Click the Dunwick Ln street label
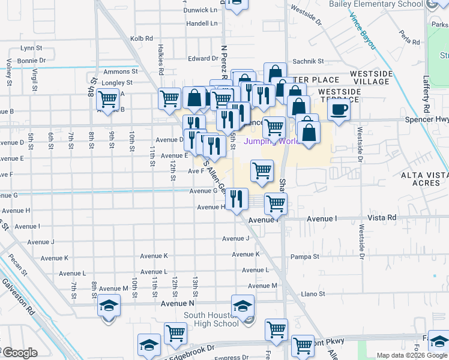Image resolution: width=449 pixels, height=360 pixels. pyautogui.click(x=200, y=10)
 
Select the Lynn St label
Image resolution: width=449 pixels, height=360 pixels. pyautogui.click(x=31, y=47)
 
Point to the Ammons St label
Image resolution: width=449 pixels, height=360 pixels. pyautogui.click(x=121, y=71)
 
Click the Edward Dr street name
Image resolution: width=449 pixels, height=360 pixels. pyautogui.click(x=203, y=58)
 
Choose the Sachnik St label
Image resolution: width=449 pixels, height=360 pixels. pyautogui.click(x=308, y=61)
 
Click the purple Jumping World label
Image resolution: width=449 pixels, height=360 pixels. pyautogui.click(x=272, y=142)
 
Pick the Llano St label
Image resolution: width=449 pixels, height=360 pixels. pyautogui.click(x=313, y=293)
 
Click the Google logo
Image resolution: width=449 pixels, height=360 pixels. pyautogui.click(x=20, y=353)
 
